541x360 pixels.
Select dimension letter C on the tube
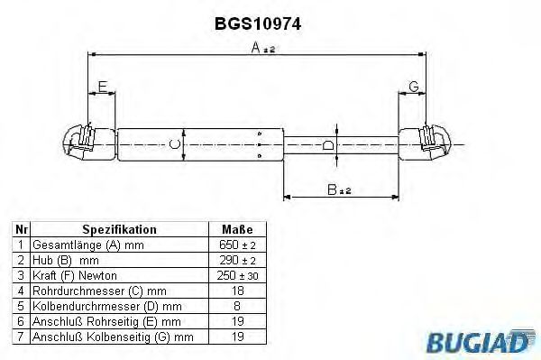176,143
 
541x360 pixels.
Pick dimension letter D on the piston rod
328,144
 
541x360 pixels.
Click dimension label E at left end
103,87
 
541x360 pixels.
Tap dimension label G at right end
413,87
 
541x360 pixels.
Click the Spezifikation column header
119,230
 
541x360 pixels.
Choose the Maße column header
236,230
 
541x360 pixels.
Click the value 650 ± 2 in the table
236,245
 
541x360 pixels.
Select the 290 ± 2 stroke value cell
236,261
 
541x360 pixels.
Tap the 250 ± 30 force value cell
236,275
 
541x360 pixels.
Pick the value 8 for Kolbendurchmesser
236,306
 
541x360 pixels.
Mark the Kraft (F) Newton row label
74,275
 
